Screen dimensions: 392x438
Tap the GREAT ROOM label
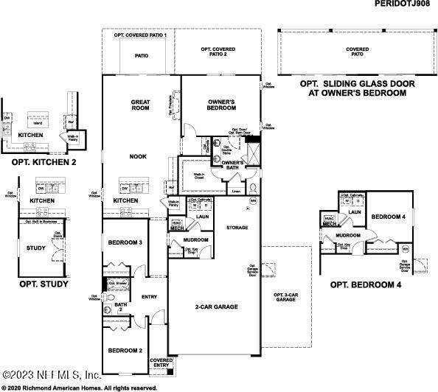(141, 107)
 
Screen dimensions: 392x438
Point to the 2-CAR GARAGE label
(215, 307)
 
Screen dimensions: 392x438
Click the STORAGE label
(237, 227)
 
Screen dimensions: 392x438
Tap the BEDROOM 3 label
(125, 243)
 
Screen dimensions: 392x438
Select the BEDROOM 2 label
(125, 350)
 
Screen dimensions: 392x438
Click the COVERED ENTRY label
(161, 363)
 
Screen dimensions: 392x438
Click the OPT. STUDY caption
(44, 284)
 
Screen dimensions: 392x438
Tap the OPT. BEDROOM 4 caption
(365, 284)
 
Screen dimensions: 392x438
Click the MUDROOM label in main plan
(196, 239)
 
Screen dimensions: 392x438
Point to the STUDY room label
(36, 248)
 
